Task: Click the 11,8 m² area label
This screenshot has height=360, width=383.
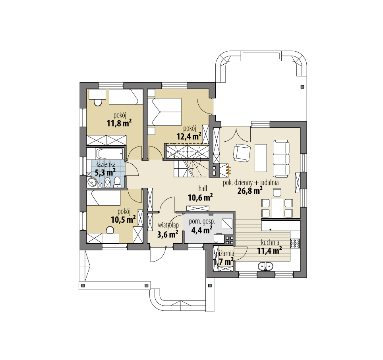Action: pyautogui.click(x=120, y=123)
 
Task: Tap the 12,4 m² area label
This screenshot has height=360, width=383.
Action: pyautogui.click(x=189, y=136)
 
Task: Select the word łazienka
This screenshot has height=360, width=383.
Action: pyautogui.click(x=106, y=164)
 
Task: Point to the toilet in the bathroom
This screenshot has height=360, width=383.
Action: pyautogui.click(x=117, y=182)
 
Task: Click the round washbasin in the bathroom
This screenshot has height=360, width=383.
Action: pyautogui.click(x=92, y=181)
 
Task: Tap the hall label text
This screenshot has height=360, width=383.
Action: pyautogui.click(x=203, y=188)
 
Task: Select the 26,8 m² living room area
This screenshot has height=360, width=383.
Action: pyautogui.click(x=250, y=190)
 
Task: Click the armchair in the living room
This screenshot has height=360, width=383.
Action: pyautogui.click(x=242, y=153)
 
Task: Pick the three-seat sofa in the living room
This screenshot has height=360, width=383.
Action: pyautogui.click(x=281, y=158)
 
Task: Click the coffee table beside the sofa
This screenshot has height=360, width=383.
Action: pyautogui.click(x=261, y=158)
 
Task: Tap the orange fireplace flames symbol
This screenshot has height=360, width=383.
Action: pyautogui.click(x=228, y=169)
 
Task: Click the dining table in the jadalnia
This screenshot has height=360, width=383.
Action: pyautogui.click(x=277, y=208)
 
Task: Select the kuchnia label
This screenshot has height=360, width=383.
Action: pyautogui.click(x=270, y=243)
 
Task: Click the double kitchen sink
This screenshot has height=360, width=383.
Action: pyautogui.click(x=265, y=266)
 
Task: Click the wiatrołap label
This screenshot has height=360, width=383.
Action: pyautogui.click(x=168, y=225)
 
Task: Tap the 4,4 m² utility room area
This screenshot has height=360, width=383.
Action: pyautogui.click(x=202, y=230)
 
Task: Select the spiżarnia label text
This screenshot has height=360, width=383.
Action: pyautogui.click(x=224, y=254)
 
